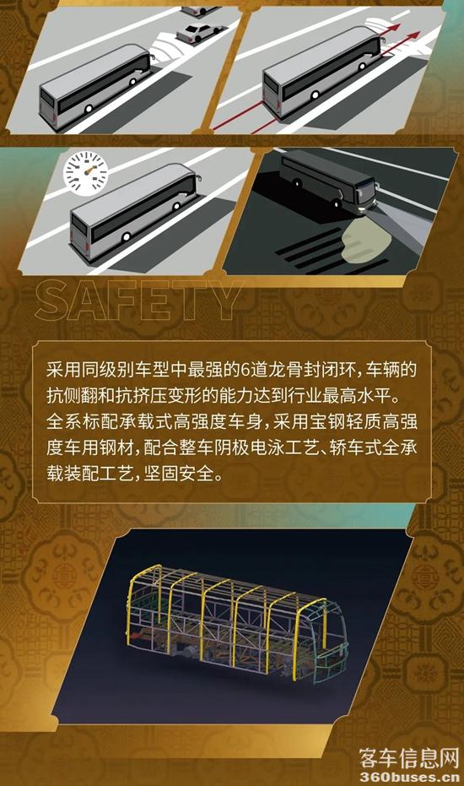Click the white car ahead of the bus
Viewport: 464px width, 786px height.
[199, 31]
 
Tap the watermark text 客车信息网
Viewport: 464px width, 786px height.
[409, 758]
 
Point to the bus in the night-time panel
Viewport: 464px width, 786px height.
[329, 182]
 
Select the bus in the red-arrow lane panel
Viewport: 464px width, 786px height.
[323, 72]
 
